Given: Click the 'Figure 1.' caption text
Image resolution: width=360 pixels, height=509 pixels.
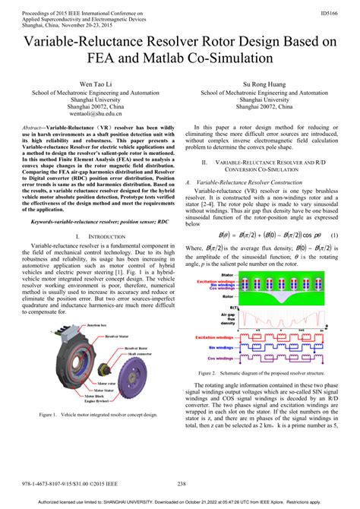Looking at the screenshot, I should tap(48, 416).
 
